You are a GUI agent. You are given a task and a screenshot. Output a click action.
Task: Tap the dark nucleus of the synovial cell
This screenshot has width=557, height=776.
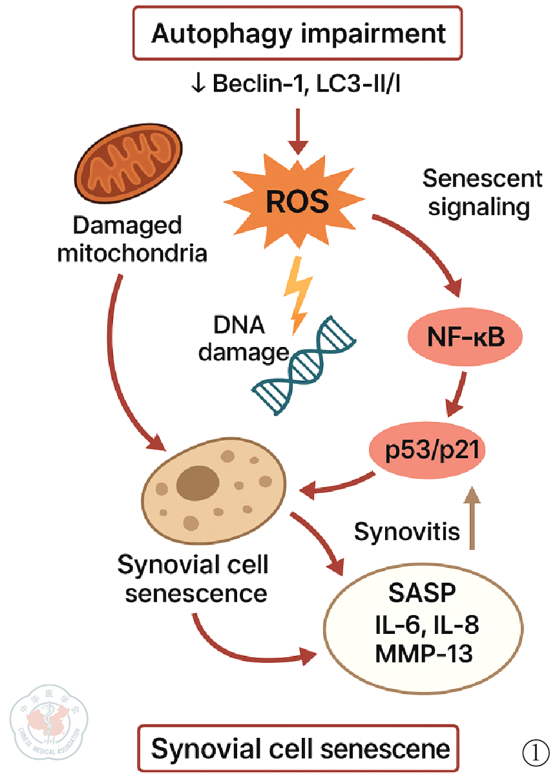coord(198,482)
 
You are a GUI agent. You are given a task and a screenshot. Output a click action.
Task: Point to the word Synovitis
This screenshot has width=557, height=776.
coord(406,531)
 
